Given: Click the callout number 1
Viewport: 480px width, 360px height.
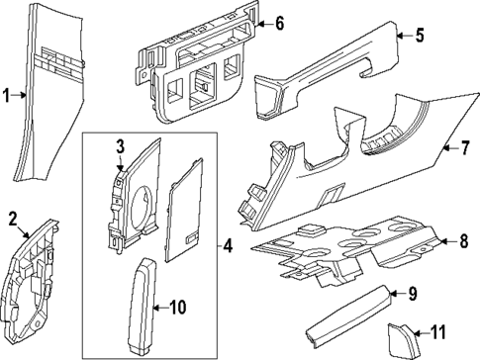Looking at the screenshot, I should (6, 96).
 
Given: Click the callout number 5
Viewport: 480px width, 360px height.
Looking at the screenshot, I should (419, 37).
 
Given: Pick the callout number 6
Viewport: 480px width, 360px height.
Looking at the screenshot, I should (279, 22).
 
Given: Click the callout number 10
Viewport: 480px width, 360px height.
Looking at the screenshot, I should (177, 308).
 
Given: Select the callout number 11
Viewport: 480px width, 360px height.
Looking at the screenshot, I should (440, 332).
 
